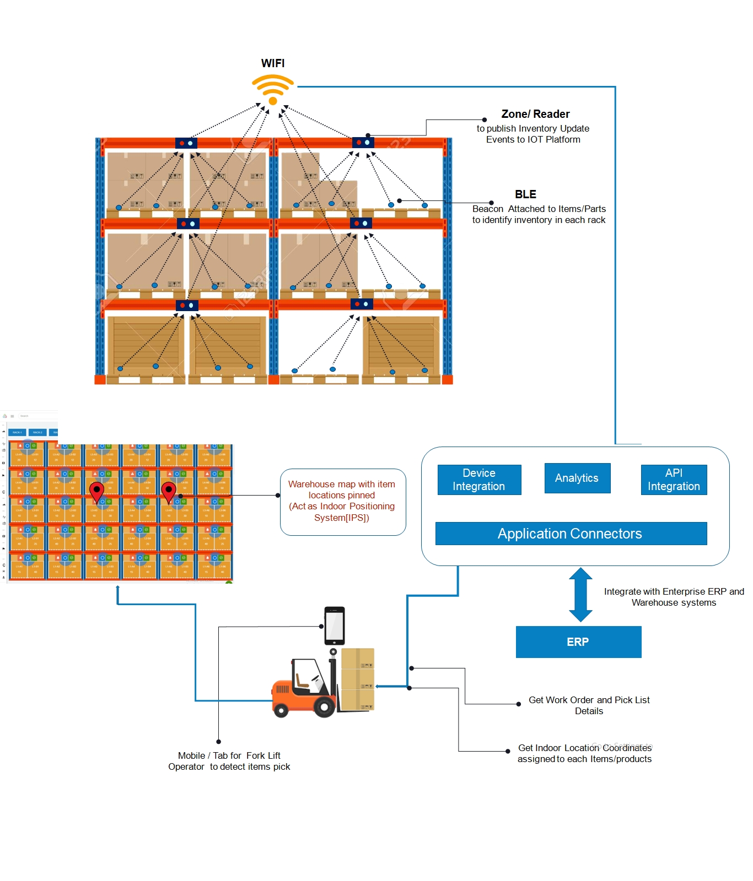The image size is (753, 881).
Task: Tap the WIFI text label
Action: pos(273,63)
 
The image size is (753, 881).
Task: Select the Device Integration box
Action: pos(479,480)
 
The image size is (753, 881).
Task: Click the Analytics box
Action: pos(577,478)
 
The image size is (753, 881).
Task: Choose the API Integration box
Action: pos(674,480)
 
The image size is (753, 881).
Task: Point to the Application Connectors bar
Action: pos(571,534)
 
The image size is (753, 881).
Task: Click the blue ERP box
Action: pos(578,642)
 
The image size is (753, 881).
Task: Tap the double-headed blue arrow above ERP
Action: pos(580,595)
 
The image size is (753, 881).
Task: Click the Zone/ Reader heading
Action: pos(535,114)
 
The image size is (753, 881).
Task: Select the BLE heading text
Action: pos(525,194)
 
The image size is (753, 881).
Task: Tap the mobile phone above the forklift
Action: pos(335,626)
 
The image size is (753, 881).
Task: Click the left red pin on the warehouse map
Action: pos(97,491)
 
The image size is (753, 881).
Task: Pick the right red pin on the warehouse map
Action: pos(169,491)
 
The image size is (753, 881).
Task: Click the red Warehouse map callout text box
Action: pos(342,501)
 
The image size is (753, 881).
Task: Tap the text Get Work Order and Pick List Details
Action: pos(589,705)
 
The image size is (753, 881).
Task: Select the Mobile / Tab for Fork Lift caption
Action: pos(229,761)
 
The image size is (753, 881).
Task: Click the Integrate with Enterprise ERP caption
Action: pos(674,597)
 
